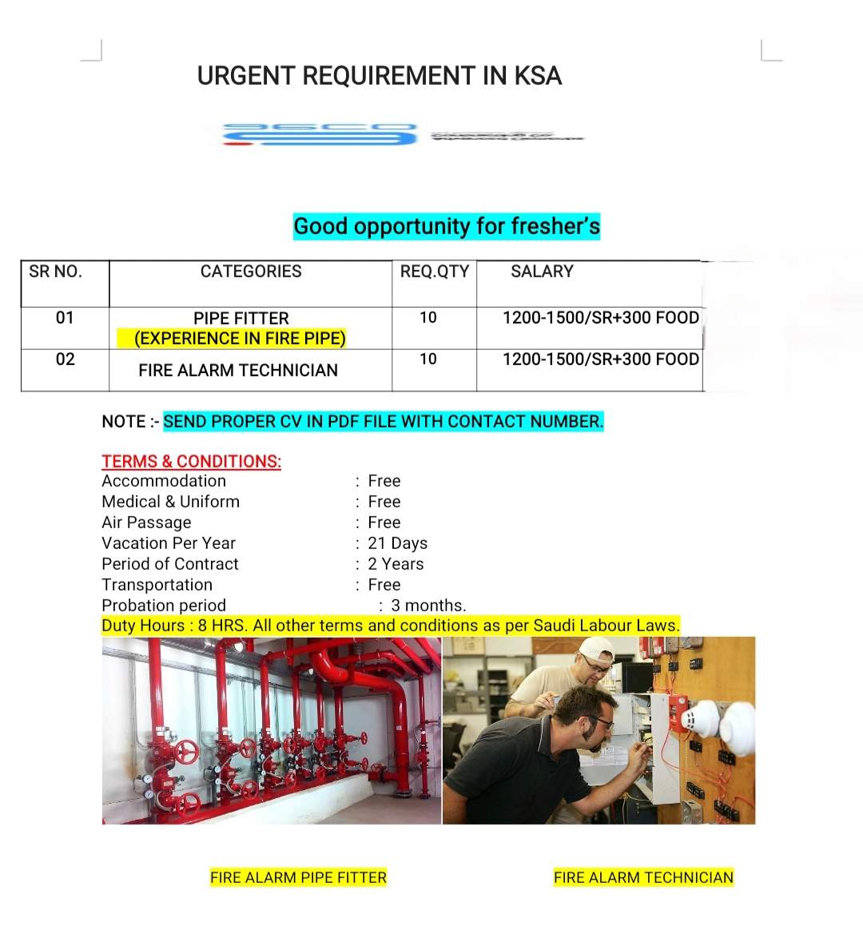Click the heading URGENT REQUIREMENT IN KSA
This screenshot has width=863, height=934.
(380, 76)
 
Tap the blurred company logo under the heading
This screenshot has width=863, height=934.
(320, 135)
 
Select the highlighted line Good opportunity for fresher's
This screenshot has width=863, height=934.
(447, 226)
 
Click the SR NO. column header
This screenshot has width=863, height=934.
(55, 272)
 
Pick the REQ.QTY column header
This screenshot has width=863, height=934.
(435, 272)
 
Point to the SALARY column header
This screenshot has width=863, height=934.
(542, 272)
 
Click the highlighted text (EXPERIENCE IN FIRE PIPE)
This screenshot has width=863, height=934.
(240, 339)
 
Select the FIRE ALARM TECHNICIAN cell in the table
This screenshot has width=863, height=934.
(238, 371)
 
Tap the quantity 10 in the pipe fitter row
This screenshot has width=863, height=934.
(428, 318)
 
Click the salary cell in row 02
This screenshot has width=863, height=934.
(600, 360)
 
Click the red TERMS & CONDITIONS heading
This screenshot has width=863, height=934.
(191, 462)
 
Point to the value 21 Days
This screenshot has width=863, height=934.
(397, 543)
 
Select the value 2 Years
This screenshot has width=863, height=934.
(396, 564)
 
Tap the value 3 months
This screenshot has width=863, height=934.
(428, 606)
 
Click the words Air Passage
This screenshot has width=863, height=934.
(147, 523)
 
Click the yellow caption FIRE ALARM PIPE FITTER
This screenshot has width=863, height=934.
(298, 877)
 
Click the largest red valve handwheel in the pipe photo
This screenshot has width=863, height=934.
(187, 752)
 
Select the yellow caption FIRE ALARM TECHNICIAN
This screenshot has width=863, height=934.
(643, 877)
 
